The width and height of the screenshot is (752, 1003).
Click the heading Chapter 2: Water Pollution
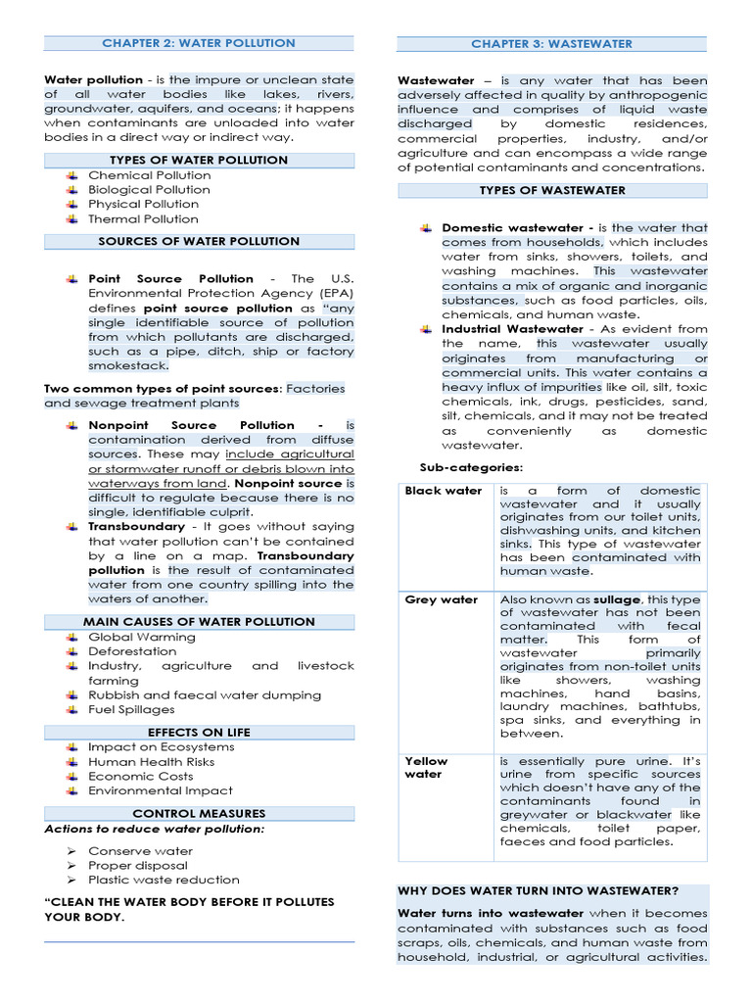click(199, 43)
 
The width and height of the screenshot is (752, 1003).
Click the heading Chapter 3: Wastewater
click(551, 44)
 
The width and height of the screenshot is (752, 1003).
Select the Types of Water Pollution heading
click(199, 160)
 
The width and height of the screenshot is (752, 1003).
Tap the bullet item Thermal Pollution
click(143, 219)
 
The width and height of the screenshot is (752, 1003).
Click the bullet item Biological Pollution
click(149, 190)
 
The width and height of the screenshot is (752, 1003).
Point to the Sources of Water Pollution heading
click(199, 241)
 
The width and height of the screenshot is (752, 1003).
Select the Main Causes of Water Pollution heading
click(199, 621)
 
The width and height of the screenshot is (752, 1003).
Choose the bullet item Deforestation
click(132, 651)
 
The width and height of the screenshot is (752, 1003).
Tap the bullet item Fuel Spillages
click(131, 710)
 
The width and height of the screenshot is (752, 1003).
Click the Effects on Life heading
click(199, 732)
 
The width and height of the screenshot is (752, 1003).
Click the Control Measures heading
click(199, 813)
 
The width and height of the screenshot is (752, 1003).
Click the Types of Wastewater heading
click(551, 190)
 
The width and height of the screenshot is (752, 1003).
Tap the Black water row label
click(444, 491)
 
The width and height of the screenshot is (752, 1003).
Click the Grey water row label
click(442, 599)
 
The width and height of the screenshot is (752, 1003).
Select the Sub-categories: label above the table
click(471, 467)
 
